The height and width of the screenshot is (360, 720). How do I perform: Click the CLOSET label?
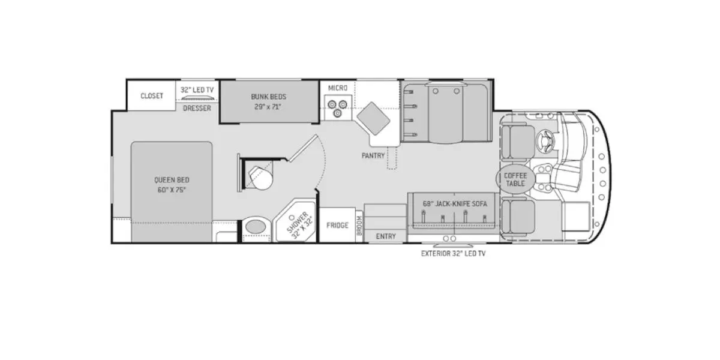pos(152,96)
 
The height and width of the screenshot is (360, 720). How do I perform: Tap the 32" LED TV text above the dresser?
pos(197,89)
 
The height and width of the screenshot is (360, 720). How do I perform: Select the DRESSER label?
pos(197,108)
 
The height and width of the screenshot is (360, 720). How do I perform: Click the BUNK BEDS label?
pos(268,97)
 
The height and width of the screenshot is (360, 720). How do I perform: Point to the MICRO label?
pos(338,88)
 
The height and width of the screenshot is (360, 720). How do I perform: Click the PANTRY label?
pos(373,155)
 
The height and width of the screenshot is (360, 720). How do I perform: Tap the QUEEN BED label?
pos(172,179)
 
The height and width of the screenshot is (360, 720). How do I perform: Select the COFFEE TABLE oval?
pos(515,179)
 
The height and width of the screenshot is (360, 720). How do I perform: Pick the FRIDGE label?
pos(337,226)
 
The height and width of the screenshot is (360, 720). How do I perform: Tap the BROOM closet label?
pos(359,226)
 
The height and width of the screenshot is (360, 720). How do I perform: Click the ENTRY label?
pos(386,236)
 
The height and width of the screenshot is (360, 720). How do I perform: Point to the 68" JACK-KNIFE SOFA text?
pos(455,204)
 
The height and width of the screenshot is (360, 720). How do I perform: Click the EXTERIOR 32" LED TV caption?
pos(453,254)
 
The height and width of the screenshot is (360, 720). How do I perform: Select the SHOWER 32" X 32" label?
pos(299,225)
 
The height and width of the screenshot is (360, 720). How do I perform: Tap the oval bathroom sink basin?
pos(256,227)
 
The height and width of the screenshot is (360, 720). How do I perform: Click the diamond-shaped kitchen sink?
pos(373,119)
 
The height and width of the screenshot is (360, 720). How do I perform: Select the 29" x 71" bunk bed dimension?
pos(268,107)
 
